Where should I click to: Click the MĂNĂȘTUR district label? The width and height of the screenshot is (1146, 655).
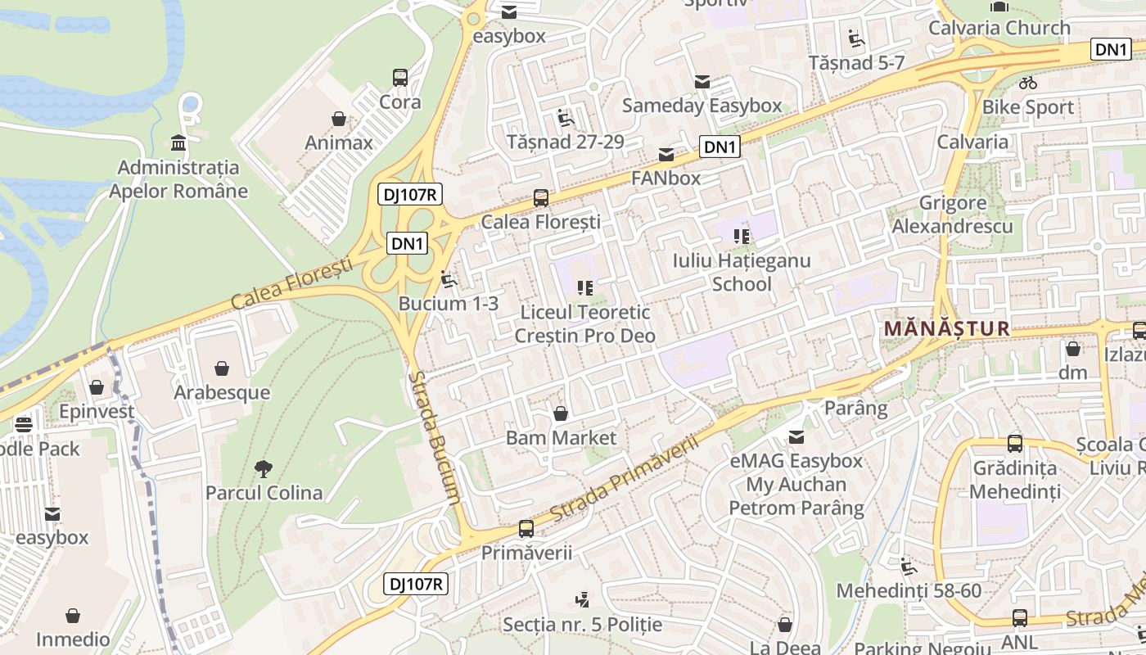(946, 329)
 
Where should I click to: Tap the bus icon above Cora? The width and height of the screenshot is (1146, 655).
(400, 78)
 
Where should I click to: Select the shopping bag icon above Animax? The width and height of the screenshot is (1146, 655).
(339, 120)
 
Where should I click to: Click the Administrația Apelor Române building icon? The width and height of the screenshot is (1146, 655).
(178, 144)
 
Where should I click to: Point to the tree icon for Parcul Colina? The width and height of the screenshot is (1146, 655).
(263, 469)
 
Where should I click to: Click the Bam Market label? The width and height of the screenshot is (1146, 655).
(561, 437)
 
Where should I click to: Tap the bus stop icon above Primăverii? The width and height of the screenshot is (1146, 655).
(526, 529)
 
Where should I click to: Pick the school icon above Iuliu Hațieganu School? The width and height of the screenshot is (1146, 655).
(742, 237)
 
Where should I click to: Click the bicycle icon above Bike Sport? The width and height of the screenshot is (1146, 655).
(1028, 83)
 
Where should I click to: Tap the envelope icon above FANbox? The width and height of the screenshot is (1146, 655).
(666, 155)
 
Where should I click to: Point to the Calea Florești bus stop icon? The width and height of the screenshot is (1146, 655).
(540, 198)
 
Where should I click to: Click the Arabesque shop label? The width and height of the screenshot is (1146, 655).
(222, 392)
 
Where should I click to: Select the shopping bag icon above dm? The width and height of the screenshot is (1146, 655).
(1073, 349)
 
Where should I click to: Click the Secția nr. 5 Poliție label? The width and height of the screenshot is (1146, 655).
(582, 625)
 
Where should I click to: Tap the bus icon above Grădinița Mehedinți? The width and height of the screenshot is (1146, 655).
(1015, 444)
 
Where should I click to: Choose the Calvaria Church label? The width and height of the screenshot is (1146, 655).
(999, 28)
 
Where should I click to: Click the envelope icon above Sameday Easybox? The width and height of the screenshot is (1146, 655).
(702, 82)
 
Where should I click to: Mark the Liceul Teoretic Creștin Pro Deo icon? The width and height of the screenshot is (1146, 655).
(584, 287)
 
